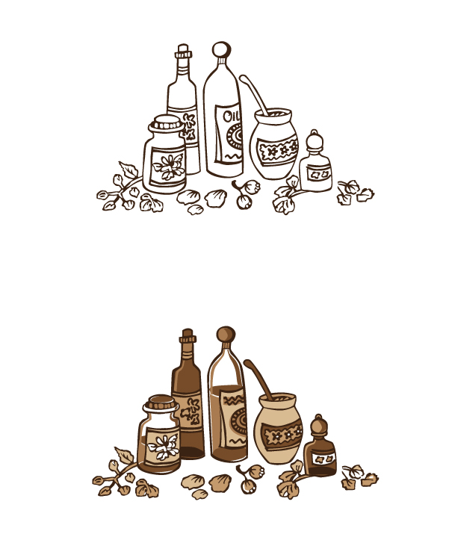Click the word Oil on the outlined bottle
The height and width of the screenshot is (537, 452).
tap(231, 116)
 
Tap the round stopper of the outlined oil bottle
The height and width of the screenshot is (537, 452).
tap(221, 49)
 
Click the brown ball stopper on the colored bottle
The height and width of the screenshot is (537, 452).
tap(226, 335)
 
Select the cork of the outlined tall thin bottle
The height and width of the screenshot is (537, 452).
tap(183, 52)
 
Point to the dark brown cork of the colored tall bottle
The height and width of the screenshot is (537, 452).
tap(188, 336)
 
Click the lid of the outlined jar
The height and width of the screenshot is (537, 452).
tap(167, 124)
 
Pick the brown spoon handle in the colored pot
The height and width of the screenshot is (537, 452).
tap(258, 379)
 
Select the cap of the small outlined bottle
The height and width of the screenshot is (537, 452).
tap(315, 140)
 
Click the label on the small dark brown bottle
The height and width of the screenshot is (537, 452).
tap(323, 459)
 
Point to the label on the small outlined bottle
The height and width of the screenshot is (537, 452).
tap(319, 174)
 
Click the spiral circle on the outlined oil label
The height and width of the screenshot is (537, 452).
tap(235, 137)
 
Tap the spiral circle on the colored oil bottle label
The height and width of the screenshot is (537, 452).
tap(240, 421)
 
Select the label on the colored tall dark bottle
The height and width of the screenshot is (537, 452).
tap(190, 410)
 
